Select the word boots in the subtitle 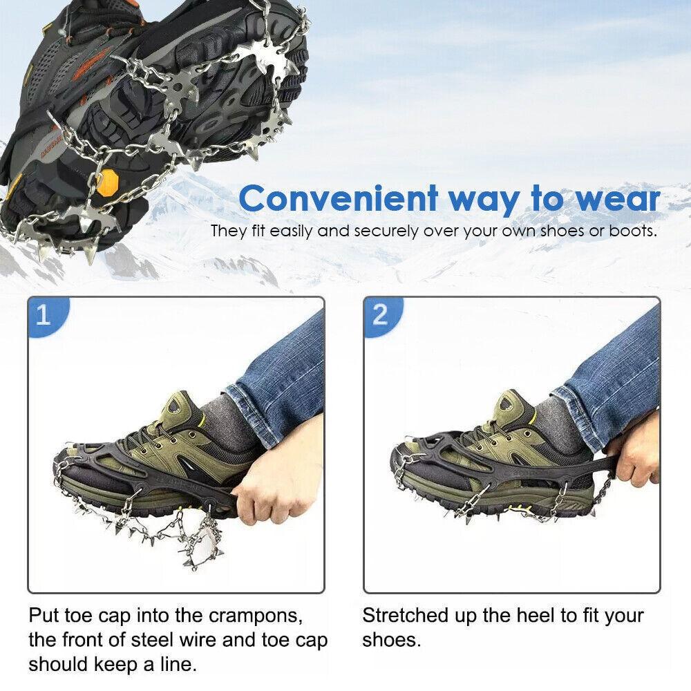pos(633,231)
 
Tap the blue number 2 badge pos(381,316)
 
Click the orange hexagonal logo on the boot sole pos(107,183)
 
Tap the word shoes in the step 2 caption pos(391,640)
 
